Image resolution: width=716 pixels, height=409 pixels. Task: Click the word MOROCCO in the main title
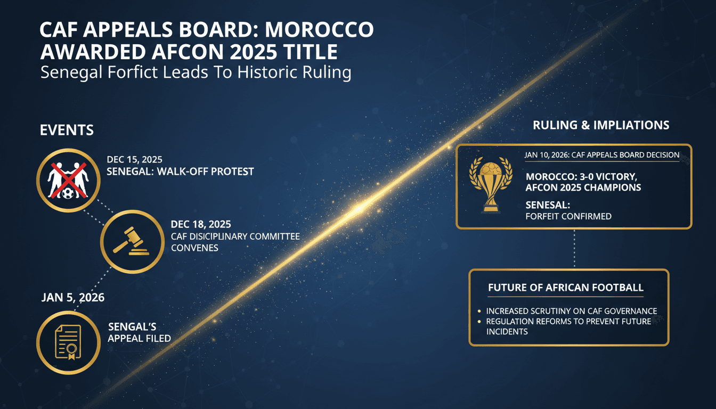click(315, 30)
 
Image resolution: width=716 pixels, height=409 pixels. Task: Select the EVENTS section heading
click(67, 129)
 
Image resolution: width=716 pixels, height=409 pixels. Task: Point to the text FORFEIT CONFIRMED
click(568, 217)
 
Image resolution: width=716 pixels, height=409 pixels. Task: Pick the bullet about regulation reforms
click(568, 326)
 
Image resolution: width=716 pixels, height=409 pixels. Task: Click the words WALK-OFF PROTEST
click(217, 171)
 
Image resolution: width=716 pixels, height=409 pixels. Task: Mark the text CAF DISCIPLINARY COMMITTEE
click(235, 236)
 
